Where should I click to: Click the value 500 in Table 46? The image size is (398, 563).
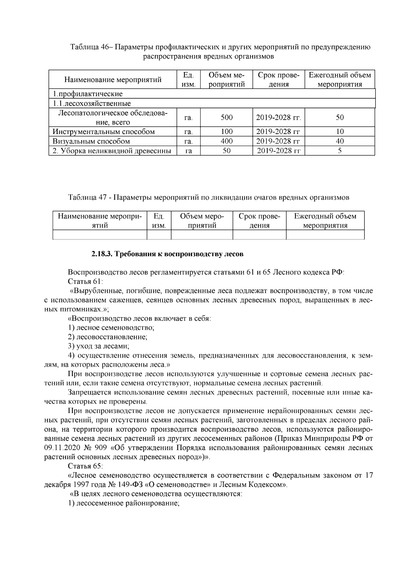click(227, 117)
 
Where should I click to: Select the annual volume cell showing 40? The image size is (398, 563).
click(340, 141)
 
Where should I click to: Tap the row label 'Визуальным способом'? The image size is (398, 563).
click(91, 141)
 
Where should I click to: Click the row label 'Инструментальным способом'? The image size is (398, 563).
click(103, 132)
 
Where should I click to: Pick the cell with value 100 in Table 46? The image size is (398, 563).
click(227, 132)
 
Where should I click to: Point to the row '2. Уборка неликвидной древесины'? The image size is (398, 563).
click(112, 151)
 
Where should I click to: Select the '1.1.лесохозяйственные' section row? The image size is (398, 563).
click(92, 104)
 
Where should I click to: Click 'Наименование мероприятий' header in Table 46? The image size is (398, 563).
click(113, 80)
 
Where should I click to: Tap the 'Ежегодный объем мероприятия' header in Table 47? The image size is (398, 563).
click(325, 221)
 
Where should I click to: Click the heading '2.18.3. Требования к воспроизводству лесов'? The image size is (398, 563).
click(167, 254)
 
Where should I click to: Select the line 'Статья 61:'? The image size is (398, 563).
click(85, 282)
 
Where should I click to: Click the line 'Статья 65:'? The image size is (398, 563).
click(85, 466)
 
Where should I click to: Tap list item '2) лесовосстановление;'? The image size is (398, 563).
click(107, 337)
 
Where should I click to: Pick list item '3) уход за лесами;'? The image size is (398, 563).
click(99, 346)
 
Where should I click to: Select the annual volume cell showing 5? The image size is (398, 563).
click(340, 151)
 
